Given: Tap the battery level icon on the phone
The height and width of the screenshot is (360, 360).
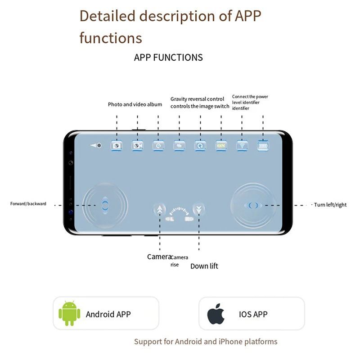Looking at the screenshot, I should [x=262, y=146].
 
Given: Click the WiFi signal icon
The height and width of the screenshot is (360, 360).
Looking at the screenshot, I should [x=242, y=146].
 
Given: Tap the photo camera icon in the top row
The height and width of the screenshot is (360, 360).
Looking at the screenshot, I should [x=117, y=146].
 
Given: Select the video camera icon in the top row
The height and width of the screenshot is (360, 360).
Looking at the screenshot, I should [x=137, y=146].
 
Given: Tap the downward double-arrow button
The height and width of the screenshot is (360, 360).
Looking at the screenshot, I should [x=198, y=209].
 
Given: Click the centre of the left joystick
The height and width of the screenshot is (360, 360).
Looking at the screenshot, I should [x=105, y=205].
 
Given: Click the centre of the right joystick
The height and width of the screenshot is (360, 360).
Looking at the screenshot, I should [x=253, y=205].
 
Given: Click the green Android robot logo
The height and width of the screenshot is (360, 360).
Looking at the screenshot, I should [x=69, y=314].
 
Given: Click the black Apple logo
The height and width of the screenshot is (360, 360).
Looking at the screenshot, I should [x=216, y=314].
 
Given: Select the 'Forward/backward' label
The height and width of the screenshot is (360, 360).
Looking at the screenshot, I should [x=28, y=204].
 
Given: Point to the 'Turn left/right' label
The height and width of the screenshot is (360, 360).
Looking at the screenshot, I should [x=330, y=205].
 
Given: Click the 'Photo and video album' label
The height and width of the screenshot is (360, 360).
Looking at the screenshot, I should [x=135, y=104].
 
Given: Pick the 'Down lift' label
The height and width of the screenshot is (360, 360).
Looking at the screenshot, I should [x=204, y=266].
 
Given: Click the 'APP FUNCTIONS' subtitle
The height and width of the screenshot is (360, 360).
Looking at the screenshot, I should [x=168, y=58].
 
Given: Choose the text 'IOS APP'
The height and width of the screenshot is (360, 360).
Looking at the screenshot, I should [x=253, y=314].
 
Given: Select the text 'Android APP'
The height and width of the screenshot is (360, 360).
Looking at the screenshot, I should [x=108, y=314].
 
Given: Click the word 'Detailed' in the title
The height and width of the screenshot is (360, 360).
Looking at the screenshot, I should [x=107, y=16].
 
